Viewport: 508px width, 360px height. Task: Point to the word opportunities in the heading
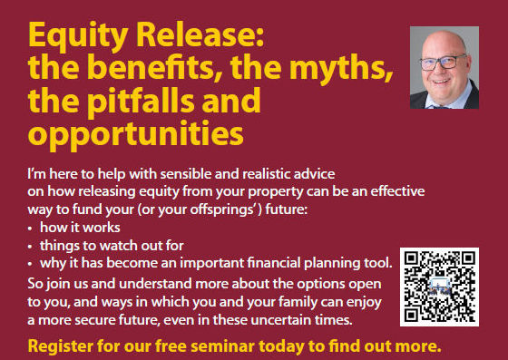136,133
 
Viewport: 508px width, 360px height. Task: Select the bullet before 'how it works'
32,228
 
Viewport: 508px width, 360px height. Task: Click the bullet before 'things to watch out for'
32,246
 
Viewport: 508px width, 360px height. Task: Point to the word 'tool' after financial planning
379,263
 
